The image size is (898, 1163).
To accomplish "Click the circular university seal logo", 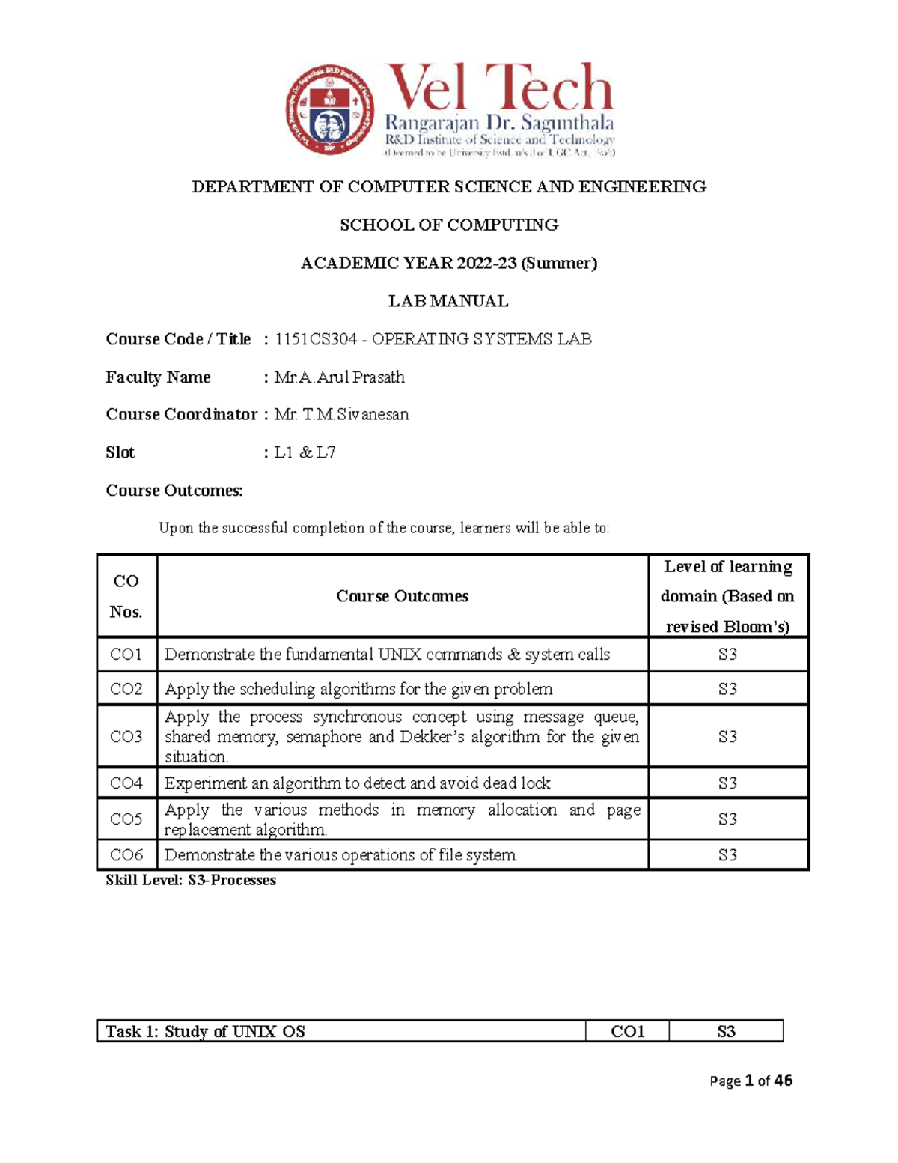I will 329,110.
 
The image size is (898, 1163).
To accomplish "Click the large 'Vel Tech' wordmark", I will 500,88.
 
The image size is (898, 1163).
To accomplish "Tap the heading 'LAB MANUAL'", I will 448,301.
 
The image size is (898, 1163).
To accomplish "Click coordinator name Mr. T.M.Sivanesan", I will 341,414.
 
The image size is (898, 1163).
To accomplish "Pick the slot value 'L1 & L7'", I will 305,452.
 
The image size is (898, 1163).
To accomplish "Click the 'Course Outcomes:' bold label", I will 174,491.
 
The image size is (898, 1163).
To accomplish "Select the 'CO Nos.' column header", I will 126,596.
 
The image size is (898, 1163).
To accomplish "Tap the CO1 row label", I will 126,655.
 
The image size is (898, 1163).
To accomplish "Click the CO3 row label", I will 126,736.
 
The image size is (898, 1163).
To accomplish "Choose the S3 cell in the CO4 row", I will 727,783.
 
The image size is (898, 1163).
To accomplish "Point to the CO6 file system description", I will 340,855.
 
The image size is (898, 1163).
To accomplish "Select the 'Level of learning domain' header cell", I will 727,596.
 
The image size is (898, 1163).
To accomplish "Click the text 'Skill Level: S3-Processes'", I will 191,881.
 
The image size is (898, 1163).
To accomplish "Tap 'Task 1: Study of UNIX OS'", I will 205,1032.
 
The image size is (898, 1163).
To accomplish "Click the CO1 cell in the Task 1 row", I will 627,1032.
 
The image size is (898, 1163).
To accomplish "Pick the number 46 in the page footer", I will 783,1081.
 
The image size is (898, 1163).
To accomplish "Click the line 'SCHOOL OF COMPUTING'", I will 449,225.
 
